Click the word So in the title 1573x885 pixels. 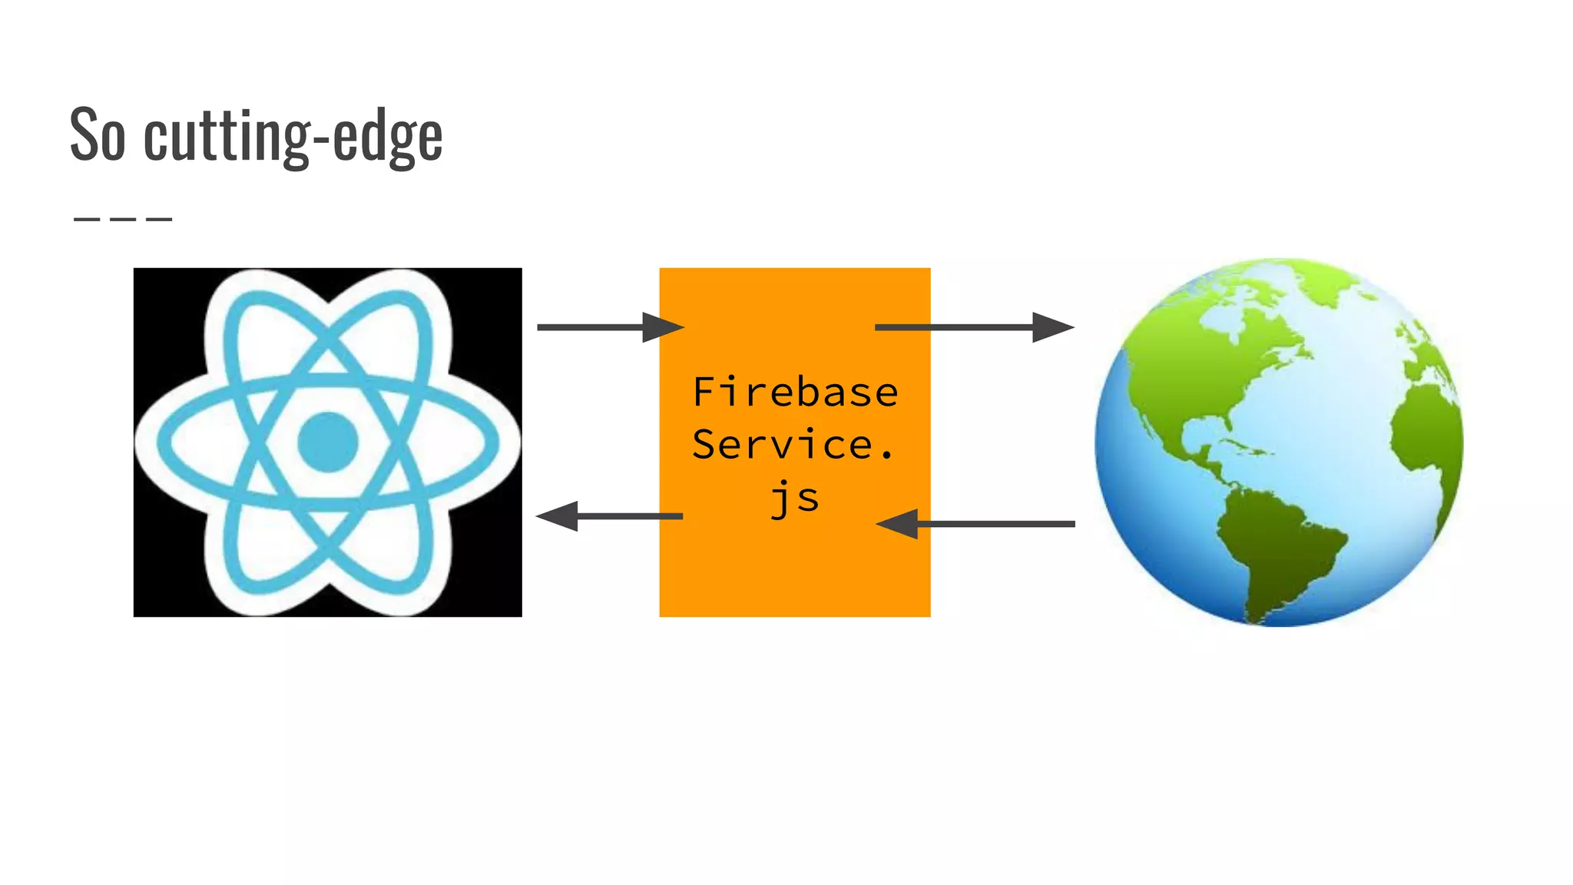(x=98, y=135)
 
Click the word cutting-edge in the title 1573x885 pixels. (x=293, y=137)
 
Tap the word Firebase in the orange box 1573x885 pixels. (x=795, y=392)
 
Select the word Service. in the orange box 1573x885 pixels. (x=793, y=445)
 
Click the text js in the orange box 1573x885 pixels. (x=795, y=498)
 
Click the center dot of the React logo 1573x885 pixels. (x=328, y=442)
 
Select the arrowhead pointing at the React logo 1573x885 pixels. (x=558, y=516)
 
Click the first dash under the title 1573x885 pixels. (x=87, y=220)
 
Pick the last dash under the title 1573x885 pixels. (x=159, y=220)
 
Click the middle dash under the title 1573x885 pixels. (x=123, y=220)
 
